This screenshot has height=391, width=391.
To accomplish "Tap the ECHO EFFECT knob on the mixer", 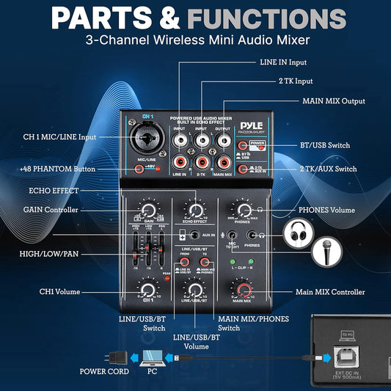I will pyautogui.click(x=194, y=211).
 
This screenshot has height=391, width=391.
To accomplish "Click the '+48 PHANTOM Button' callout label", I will pyautogui.click(x=58, y=169).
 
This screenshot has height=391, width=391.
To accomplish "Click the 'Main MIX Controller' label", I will pyautogui.click(x=330, y=292).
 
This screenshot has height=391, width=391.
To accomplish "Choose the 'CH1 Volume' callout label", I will pyautogui.click(x=58, y=292).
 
